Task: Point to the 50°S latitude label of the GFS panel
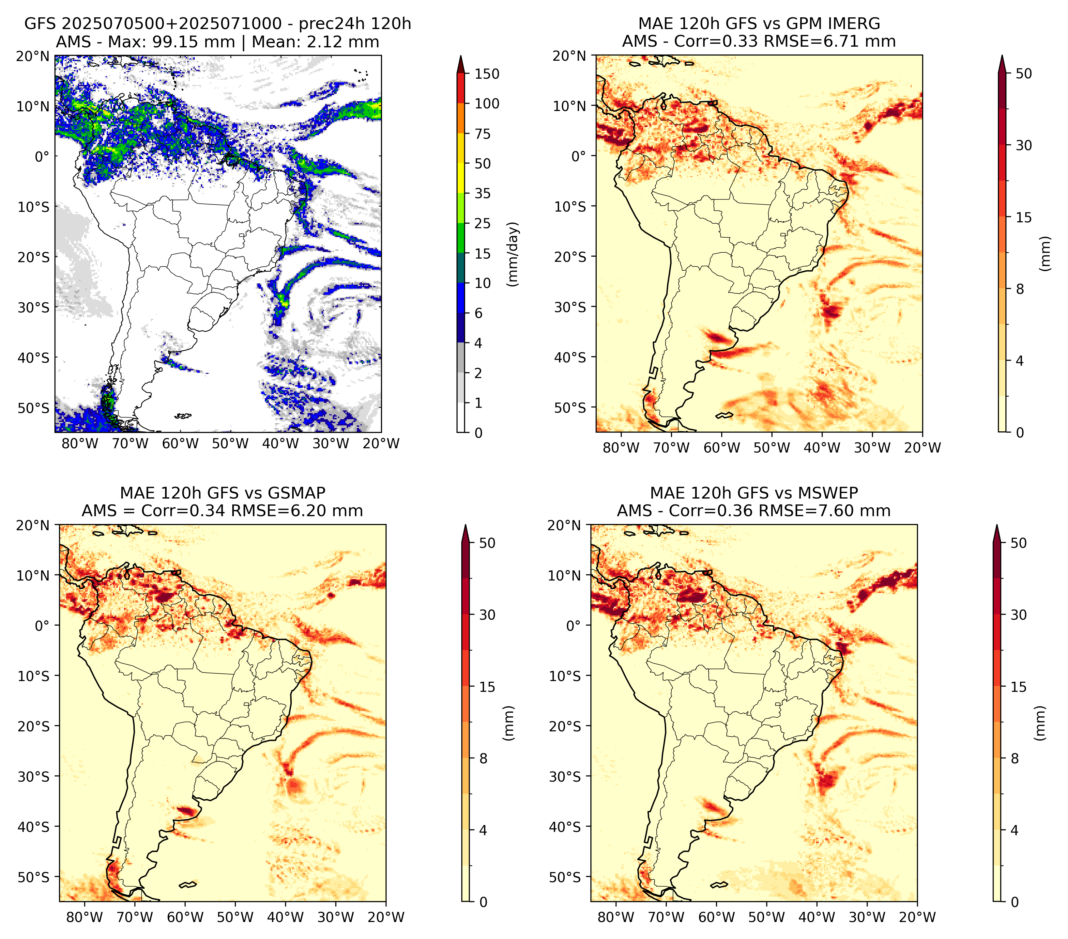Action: [34, 408]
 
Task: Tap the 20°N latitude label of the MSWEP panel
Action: [565, 525]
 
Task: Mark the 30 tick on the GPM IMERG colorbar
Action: [1024, 145]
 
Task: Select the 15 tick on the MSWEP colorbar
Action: [1019, 687]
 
